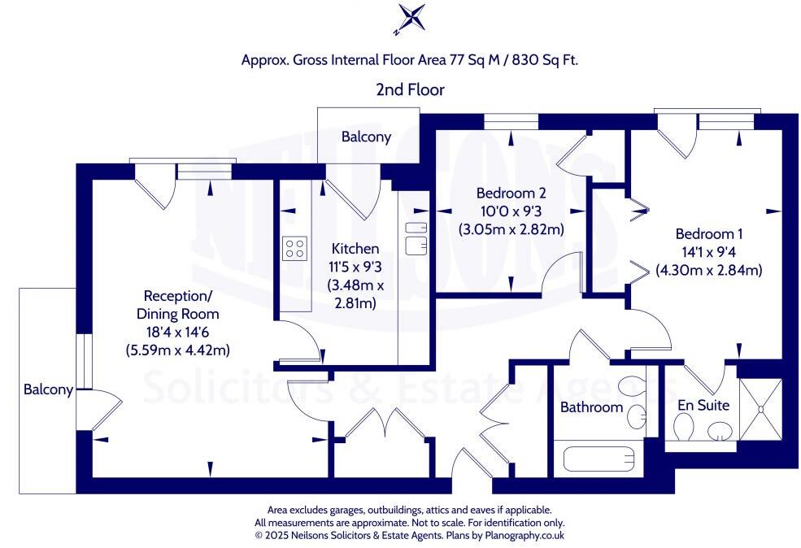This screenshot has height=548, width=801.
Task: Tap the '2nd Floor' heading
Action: [410, 89]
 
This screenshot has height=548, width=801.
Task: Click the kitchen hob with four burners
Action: [294, 248]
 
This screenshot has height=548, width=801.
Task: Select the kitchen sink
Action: [416, 235]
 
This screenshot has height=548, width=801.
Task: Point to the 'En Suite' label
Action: [703, 404]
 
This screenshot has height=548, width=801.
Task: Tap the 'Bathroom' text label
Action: [591, 407]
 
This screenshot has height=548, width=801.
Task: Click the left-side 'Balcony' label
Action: [48, 390]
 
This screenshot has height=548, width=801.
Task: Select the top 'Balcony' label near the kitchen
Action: [366, 137]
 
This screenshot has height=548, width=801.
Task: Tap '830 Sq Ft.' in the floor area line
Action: [544, 59]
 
